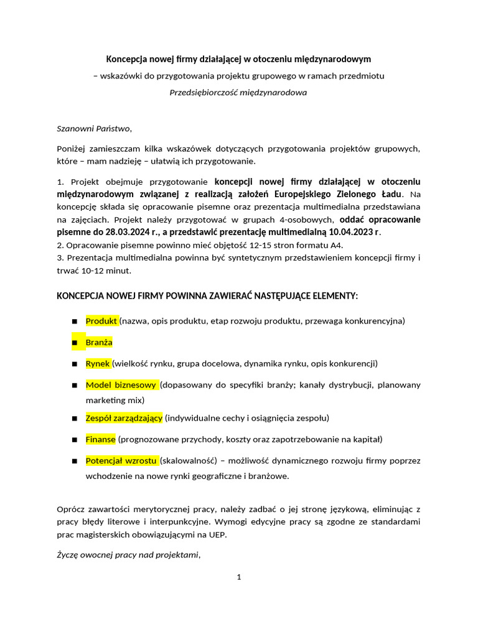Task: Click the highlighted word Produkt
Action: tap(101, 321)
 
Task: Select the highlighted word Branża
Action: tap(99, 342)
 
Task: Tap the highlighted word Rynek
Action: tap(98, 363)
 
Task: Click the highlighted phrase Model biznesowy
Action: tap(121, 385)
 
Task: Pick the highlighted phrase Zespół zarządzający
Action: tap(124, 418)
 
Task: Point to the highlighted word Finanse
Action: tap(101, 439)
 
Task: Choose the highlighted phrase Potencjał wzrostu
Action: tap(121, 461)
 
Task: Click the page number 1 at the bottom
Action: tap(239, 577)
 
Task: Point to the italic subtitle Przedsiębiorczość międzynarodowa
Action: tap(238, 92)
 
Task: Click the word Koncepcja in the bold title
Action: tap(127, 59)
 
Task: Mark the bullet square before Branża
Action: tap(75, 343)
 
